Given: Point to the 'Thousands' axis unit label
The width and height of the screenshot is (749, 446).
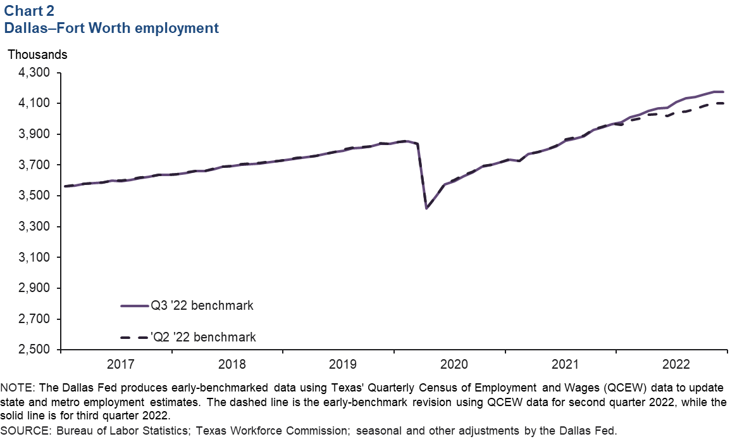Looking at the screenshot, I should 37,54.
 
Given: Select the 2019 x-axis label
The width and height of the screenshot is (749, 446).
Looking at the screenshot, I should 343,365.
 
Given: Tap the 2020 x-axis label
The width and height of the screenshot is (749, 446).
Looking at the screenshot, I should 454,365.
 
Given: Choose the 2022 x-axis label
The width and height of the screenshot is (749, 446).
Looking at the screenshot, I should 676,365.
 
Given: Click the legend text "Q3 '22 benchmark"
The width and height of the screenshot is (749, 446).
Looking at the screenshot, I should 202,305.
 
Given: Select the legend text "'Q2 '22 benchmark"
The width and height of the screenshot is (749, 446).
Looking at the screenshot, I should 203,336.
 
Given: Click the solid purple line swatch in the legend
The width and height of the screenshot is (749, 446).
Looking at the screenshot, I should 134,305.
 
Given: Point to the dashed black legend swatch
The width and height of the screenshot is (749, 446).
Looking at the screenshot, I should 134,336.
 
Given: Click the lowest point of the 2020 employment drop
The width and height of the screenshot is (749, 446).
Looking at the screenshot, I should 427,208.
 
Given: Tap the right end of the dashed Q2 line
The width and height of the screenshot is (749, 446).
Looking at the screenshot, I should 724,103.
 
